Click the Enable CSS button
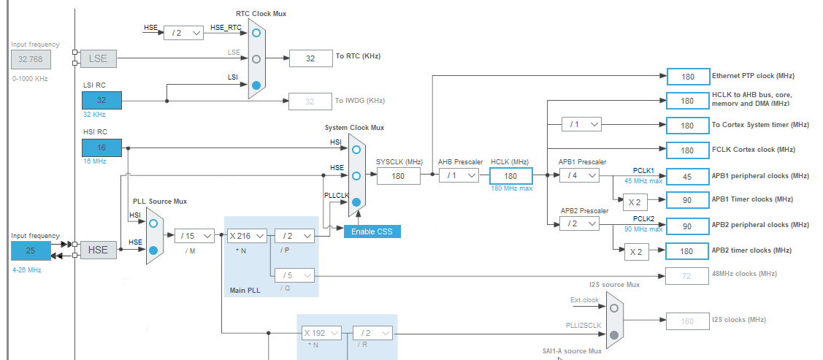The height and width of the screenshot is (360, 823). (x=372, y=231)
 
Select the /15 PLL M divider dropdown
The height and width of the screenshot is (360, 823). (x=194, y=236)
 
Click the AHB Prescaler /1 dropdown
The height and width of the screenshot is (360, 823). (x=459, y=175)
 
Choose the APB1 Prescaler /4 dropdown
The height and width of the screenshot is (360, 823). (x=579, y=175)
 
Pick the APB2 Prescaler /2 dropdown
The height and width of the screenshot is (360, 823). (x=579, y=224)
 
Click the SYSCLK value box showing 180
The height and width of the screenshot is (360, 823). (x=399, y=175)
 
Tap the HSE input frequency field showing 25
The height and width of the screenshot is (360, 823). (x=31, y=250)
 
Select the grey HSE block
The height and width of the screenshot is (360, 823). (x=97, y=250)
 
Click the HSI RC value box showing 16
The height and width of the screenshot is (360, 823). (x=102, y=147)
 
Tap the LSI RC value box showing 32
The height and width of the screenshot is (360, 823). (x=102, y=100)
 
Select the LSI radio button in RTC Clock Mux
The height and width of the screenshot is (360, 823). (x=256, y=85)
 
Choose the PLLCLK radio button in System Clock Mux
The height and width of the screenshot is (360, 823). (x=356, y=202)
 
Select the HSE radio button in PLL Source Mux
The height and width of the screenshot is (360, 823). (x=153, y=250)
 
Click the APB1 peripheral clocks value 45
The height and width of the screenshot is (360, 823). (x=686, y=176)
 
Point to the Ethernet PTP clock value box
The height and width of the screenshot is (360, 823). (x=686, y=76)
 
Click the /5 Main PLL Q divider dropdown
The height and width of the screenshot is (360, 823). (x=294, y=275)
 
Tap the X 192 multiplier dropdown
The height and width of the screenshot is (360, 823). (x=322, y=333)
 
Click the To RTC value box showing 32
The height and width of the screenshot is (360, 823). (x=310, y=58)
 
